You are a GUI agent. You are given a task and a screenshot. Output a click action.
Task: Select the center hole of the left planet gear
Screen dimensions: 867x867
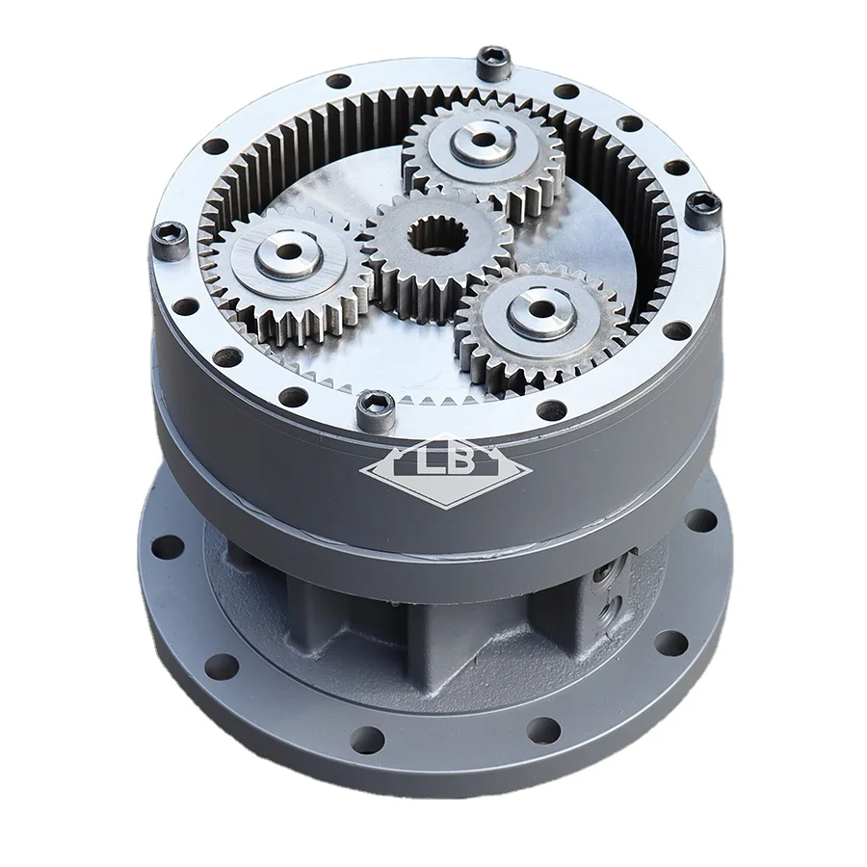(287, 256)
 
